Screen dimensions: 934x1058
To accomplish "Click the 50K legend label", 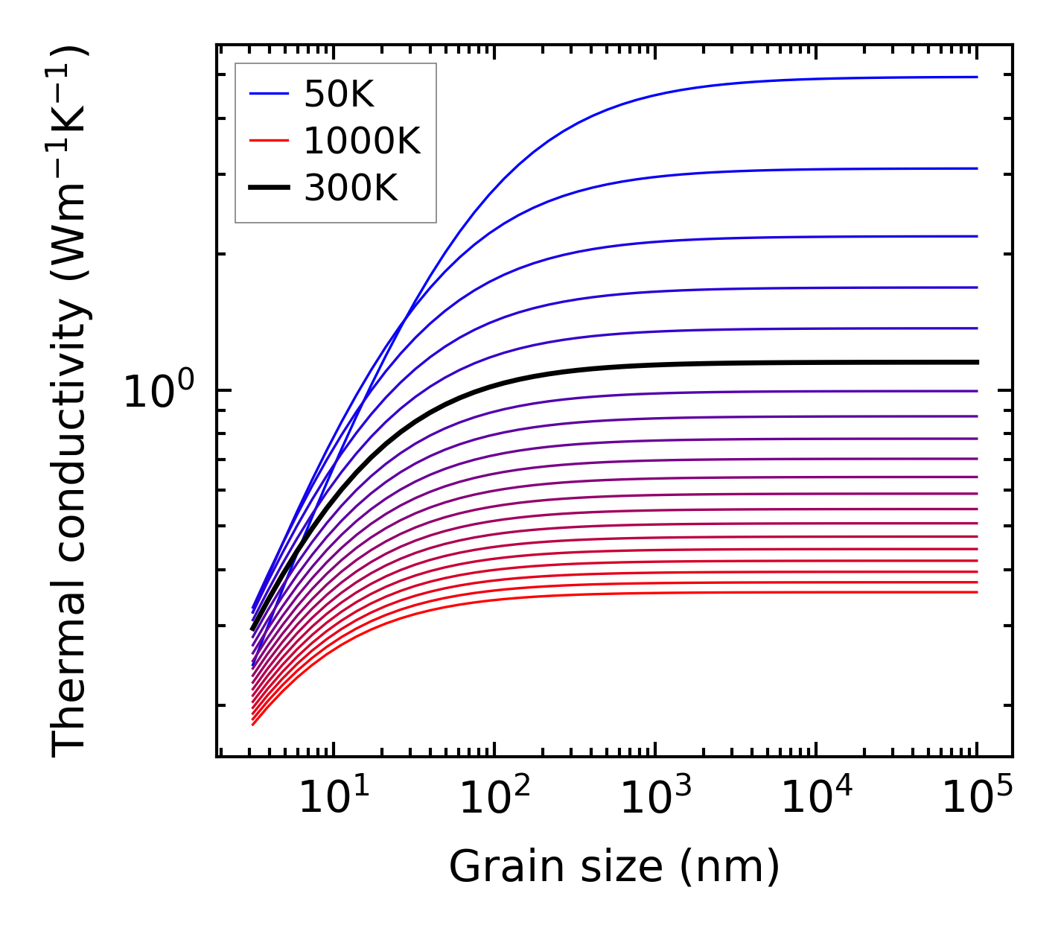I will tap(339, 94).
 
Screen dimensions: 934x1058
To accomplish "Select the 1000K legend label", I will tap(362, 141).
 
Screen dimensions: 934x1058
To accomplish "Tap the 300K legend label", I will tap(351, 188).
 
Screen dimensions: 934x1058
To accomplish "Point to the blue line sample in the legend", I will tap(268, 94).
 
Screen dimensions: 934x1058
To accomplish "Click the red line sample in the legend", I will tap(268, 141).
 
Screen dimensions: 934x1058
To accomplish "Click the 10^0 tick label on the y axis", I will tap(158, 390).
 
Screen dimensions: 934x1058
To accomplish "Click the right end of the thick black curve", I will tap(976, 362).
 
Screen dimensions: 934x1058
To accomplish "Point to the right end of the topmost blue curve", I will tap(976, 77).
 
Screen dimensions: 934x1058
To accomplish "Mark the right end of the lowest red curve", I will tap(976, 592).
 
